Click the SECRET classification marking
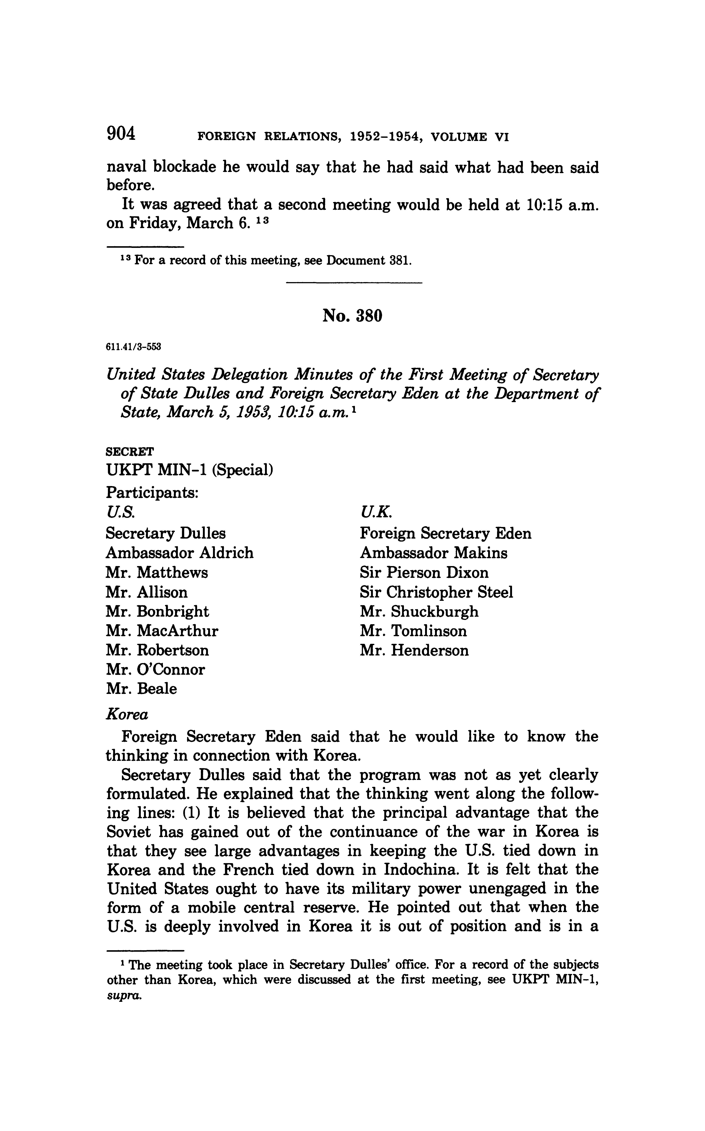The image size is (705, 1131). [130, 452]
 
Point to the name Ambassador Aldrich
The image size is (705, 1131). [180, 553]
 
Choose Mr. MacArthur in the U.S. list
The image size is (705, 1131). [162, 631]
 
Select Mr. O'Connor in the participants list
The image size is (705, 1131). [155, 670]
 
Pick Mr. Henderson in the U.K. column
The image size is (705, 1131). [414, 651]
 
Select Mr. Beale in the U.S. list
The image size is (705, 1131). [141, 689]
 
